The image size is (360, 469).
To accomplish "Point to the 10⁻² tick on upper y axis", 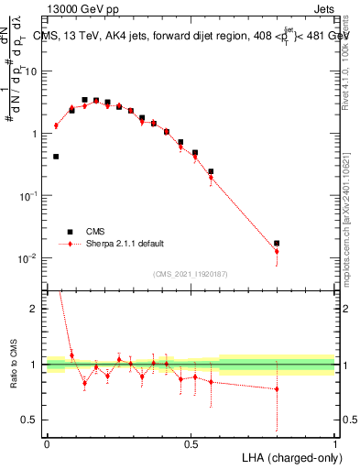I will [30, 258].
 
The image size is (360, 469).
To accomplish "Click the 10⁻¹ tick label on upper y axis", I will [30, 196].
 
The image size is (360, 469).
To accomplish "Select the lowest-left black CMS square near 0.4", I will [56, 157].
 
